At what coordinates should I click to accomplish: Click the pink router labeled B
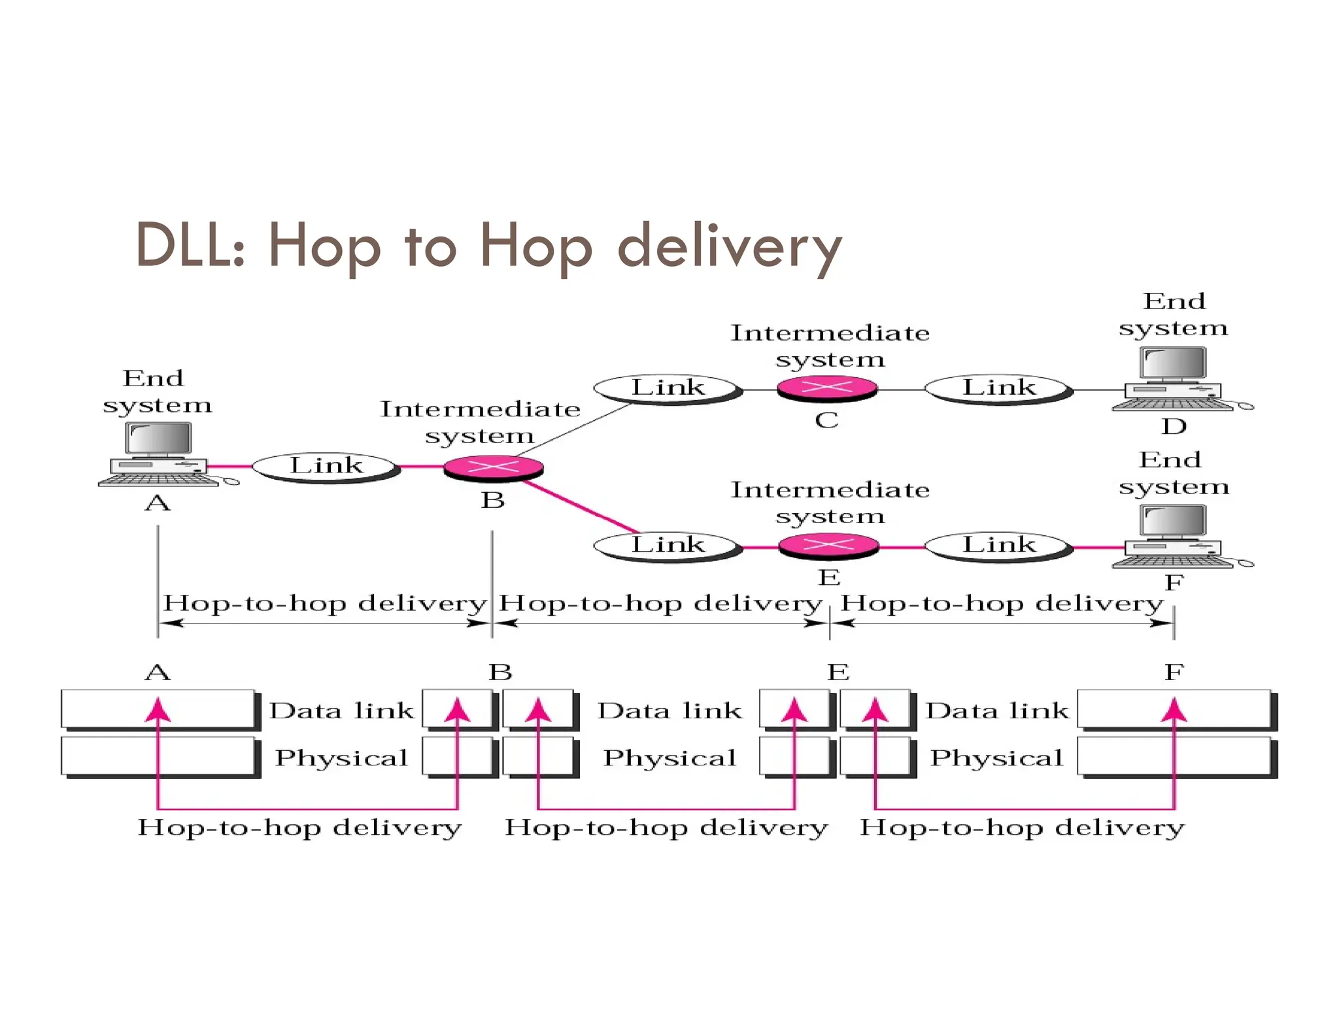tap(493, 467)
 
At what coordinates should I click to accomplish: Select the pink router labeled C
tap(826, 388)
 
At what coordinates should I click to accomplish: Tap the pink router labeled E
tap(828, 545)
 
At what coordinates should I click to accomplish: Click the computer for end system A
tap(159, 454)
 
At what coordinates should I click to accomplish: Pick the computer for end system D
tap(1174, 379)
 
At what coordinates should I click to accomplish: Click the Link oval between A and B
tap(326, 467)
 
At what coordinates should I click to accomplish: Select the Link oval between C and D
tap(998, 388)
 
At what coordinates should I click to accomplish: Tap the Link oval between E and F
tap(998, 546)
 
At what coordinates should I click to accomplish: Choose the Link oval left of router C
tap(668, 388)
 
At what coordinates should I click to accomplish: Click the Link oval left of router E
tap(668, 546)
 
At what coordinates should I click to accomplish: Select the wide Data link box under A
tap(158, 709)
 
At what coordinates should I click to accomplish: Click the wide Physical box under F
tap(1174, 756)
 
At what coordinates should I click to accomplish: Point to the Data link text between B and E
tap(669, 710)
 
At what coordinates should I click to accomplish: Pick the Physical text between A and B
tap(341, 758)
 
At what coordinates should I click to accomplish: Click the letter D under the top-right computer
tap(1174, 427)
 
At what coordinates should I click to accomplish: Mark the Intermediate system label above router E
tap(830, 502)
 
